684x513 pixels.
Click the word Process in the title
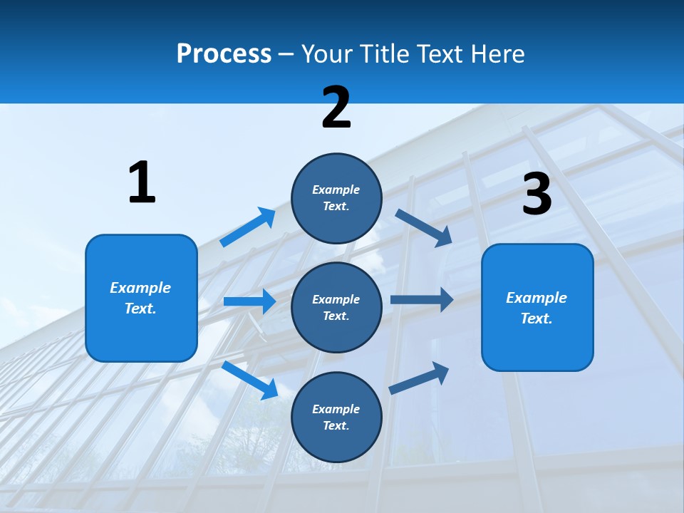pyautogui.click(x=224, y=54)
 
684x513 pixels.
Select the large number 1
pyautogui.click(x=141, y=182)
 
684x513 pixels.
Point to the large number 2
pyautogui.click(x=336, y=108)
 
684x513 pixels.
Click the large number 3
pyautogui.click(x=537, y=195)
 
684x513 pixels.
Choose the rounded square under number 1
pyautogui.click(x=141, y=298)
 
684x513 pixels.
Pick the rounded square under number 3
pyautogui.click(x=537, y=307)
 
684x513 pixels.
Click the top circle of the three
pyautogui.click(x=336, y=198)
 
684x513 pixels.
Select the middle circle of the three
pyautogui.click(x=336, y=307)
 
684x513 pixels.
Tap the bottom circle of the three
pyautogui.click(x=336, y=417)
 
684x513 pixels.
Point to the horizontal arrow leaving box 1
pyautogui.click(x=249, y=301)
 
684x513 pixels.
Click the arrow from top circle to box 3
pyautogui.click(x=423, y=227)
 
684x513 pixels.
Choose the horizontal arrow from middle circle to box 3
pyautogui.click(x=422, y=300)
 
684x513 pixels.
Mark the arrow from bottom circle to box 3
pyautogui.click(x=419, y=378)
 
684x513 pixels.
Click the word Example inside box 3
pyautogui.click(x=537, y=298)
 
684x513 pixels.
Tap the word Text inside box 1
pyautogui.click(x=140, y=309)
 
